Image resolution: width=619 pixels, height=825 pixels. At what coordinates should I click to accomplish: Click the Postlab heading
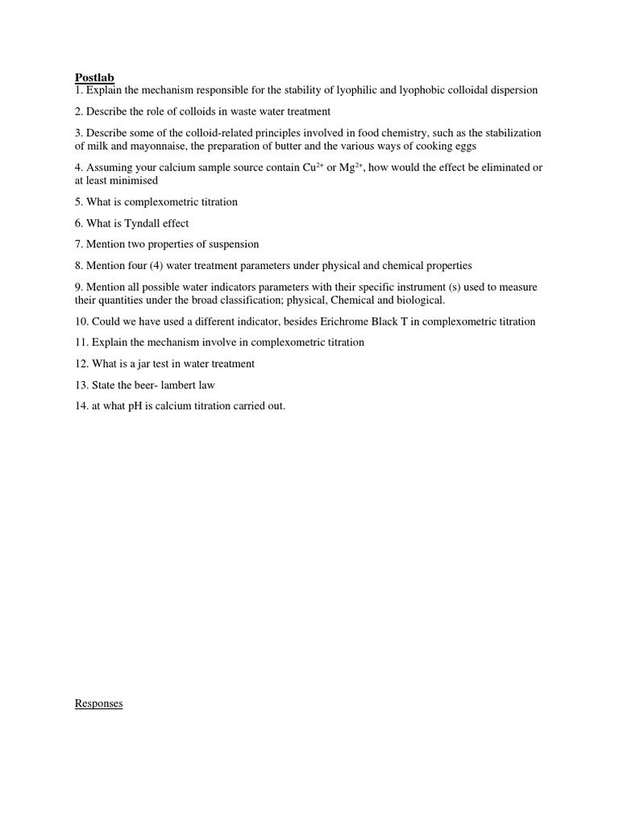point(95,77)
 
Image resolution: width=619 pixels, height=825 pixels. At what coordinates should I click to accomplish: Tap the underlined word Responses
point(98,703)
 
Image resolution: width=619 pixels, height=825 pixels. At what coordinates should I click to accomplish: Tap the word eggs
point(463,147)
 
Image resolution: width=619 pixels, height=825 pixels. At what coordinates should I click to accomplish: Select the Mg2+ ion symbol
point(354,168)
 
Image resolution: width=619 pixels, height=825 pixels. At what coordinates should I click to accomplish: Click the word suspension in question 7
point(233,244)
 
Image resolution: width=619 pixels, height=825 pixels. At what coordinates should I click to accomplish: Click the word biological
point(418,301)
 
